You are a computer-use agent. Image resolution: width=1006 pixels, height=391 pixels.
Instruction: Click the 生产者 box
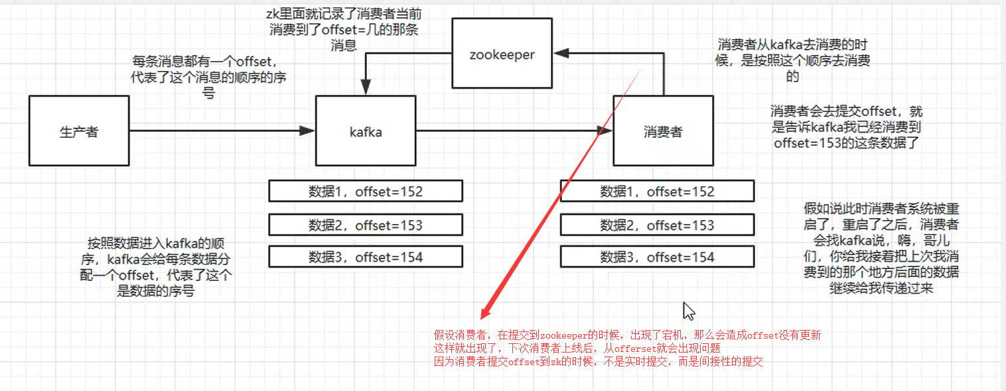pos(79,131)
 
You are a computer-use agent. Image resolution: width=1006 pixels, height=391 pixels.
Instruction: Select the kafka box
pos(366,131)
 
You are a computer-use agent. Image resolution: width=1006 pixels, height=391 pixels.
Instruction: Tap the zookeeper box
pos(502,54)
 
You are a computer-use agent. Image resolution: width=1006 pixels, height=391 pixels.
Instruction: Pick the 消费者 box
pos(662,131)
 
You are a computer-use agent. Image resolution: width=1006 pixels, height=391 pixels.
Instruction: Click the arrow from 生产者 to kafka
pos(219,131)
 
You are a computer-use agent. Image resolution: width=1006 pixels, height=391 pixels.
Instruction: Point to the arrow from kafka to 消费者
pos(511,131)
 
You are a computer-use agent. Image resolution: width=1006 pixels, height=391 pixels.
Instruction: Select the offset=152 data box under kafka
pos(366,192)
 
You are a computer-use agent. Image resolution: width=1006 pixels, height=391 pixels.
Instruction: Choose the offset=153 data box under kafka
pos(366,225)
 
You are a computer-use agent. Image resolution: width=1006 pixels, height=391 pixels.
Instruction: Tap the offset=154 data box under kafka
pos(366,256)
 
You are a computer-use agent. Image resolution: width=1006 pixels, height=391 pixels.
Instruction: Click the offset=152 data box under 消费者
pos(657,192)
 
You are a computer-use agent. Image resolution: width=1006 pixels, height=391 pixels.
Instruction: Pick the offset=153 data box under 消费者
pos(657,225)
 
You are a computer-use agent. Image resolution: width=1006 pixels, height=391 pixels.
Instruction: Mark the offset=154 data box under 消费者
pos(657,256)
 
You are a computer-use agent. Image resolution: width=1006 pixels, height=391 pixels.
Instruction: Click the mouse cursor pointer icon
pos(689,311)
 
